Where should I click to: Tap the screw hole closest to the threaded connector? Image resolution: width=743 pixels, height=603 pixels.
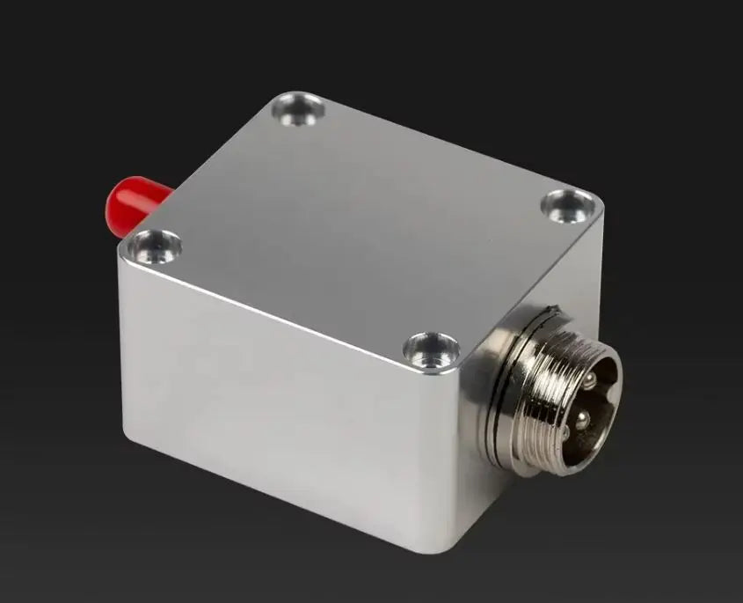(431, 349)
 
